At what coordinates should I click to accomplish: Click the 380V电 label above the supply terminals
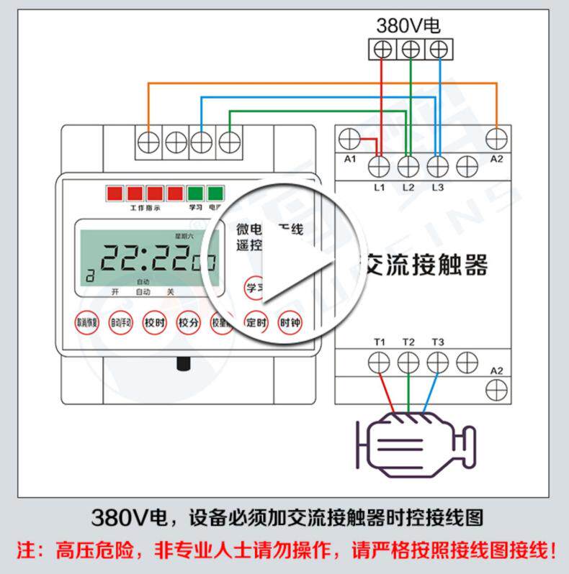pyautogui.click(x=408, y=27)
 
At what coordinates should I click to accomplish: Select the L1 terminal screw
pyautogui.click(x=379, y=166)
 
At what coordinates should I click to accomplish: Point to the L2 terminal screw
pyautogui.click(x=408, y=166)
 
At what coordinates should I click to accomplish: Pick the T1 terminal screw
pyautogui.click(x=379, y=360)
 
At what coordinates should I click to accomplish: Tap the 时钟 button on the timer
pyautogui.click(x=290, y=323)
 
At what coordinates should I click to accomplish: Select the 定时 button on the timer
pyautogui.click(x=256, y=323)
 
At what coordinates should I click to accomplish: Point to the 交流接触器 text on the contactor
pyautogui.click(x=425, y=265)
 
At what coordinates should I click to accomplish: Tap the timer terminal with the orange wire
pyautogui.click(x=149, y=141)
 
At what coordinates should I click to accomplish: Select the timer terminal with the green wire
pyautogui.click(x=229, y=141)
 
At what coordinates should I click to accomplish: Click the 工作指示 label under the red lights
pyautogui.click(x=145, y=208)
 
